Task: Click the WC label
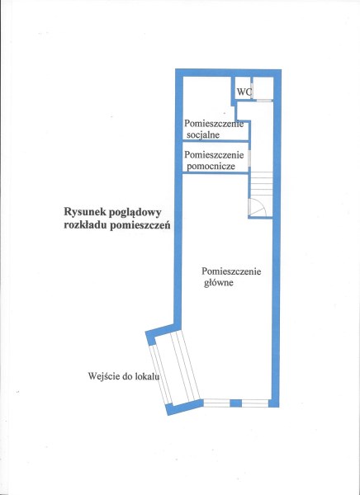click(244, 92)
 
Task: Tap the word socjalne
click(203, 135)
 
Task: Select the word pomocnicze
click(211, 166)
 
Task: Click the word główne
click(219, 282)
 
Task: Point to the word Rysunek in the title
click(83, 212)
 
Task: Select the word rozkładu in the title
click(85, 226)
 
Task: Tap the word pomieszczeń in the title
click(140, 225)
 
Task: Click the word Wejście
click(102, 376)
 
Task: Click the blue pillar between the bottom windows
click(235, 403)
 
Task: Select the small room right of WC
click(263, 88)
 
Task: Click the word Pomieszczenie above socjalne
click(214, 124)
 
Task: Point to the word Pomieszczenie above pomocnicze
click(214, 155)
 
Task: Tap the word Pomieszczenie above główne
click(231, 271)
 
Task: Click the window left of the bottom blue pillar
click(216, 403)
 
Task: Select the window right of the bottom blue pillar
click(255, 403)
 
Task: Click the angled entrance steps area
click(174, 369)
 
